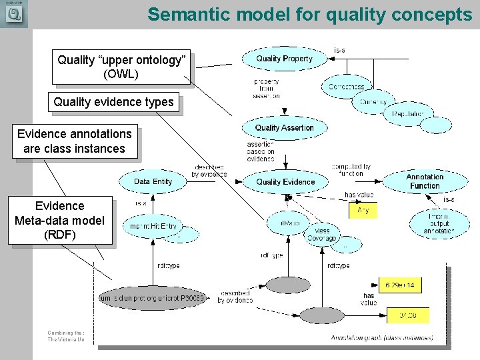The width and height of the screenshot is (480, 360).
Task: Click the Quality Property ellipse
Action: click(284, 59)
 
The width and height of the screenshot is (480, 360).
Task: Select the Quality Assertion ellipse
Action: click(284, 127)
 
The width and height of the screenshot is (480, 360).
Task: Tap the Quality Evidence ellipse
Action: click(285, 182)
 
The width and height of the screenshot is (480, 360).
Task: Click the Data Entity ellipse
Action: click(153, 181)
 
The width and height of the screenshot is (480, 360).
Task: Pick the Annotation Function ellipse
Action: click(425, 181)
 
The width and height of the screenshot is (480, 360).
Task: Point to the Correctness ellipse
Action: click(347, 87)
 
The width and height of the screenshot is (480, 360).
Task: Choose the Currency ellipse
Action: click(373, 101)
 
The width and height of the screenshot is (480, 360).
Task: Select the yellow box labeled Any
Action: click(363, 211)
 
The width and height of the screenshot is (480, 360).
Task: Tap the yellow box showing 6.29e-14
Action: click(400, 285)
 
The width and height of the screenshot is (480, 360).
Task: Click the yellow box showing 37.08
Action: click(404, 315)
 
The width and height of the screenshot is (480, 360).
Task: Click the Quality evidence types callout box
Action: click(113, 102)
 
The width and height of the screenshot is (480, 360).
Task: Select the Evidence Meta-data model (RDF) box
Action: click(59, 220)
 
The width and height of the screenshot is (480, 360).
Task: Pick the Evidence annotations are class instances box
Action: click(74, 141)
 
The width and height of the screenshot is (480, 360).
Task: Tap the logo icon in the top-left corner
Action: click(13, 14)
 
